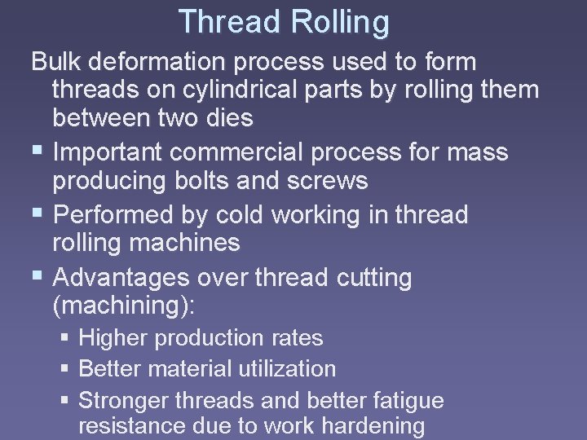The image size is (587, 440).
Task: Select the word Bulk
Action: pos(58,61)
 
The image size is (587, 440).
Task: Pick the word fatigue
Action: pos(404,400)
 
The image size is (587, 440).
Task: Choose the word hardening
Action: pos(373,426)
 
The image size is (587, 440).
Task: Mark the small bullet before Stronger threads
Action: pos(66,401)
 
